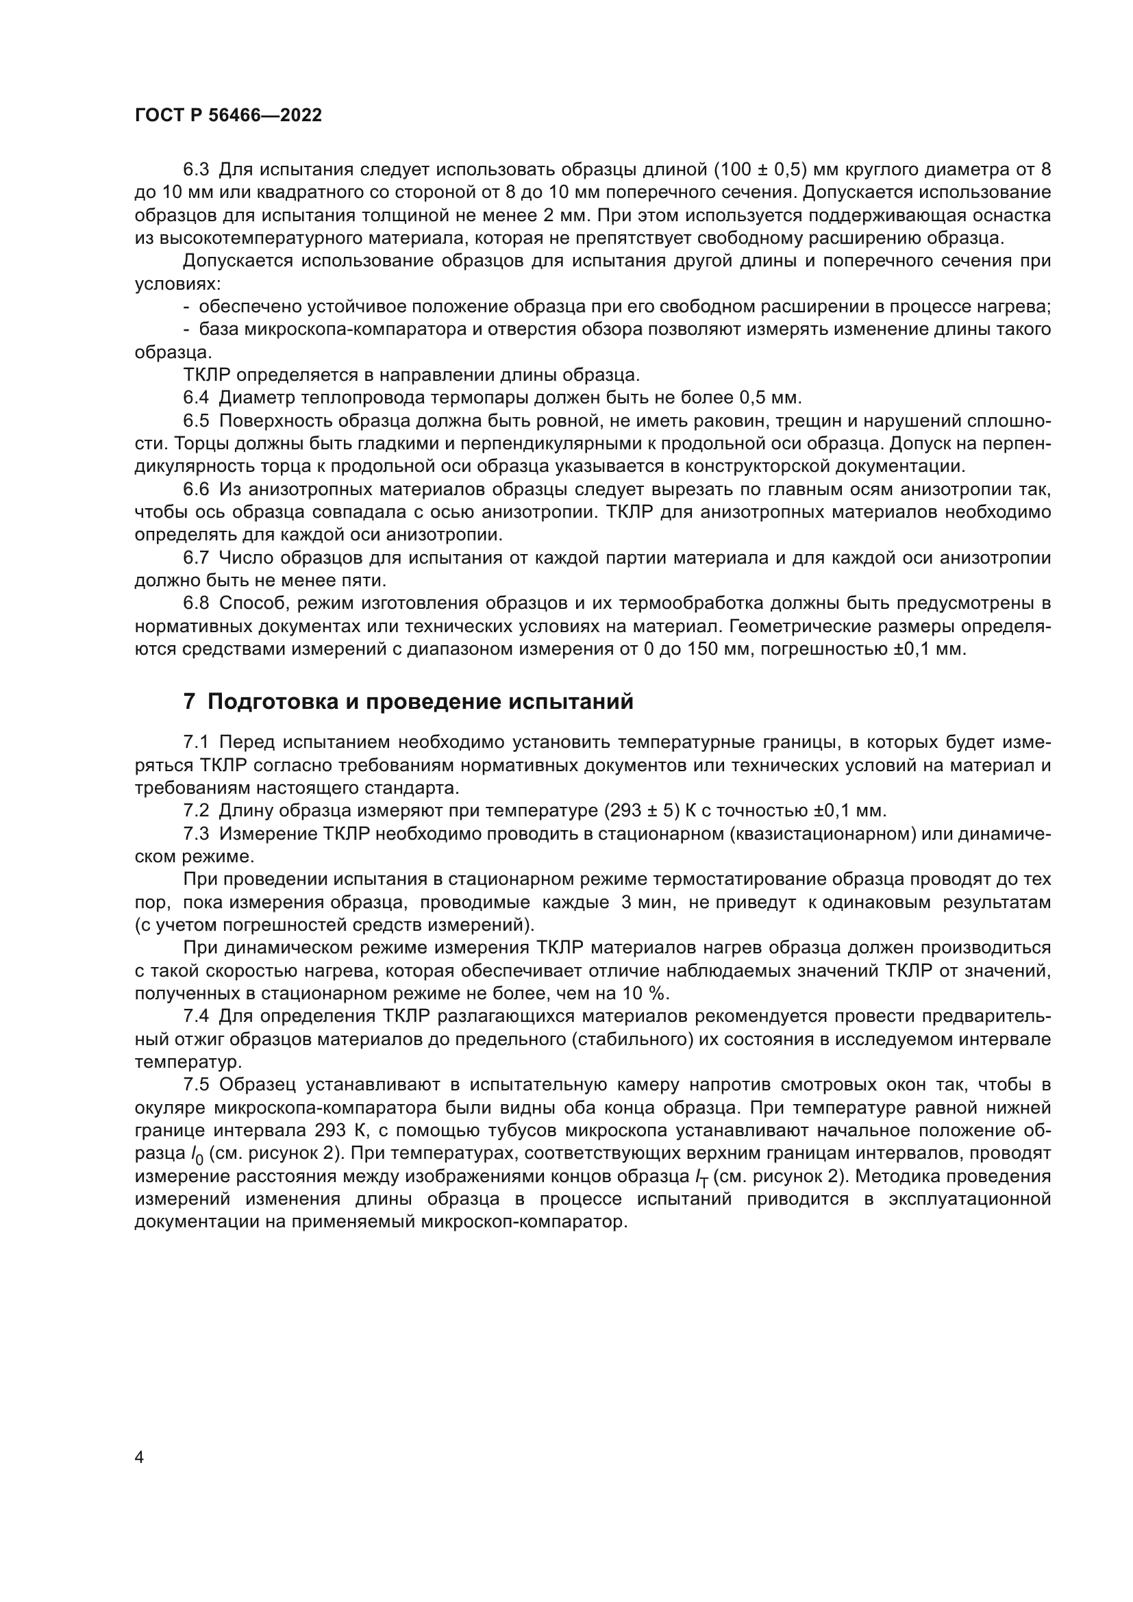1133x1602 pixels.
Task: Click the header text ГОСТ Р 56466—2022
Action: [228, 116]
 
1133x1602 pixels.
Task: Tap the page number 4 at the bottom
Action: [140, 1457]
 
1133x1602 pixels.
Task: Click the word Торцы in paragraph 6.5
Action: [200, 444]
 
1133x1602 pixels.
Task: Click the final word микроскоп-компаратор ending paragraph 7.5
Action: [521, 1223]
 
